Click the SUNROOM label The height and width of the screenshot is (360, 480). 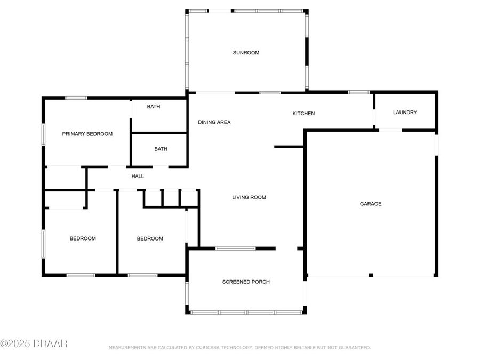coord(246,53)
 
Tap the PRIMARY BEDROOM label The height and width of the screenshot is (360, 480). coord(87,134)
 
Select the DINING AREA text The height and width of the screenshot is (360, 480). coord(214,122)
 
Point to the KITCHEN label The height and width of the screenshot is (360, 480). coord(303,114)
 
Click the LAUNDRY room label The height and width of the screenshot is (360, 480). coord(405,113)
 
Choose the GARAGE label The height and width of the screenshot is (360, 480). coord(371,204)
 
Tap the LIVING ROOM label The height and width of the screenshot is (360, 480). coord(249,197)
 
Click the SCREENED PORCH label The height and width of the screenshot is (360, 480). coord(246,282)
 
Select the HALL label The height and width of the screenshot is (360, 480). coord(138,176)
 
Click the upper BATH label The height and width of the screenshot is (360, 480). coord(154,107)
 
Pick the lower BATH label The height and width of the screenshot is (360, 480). coord(161,149)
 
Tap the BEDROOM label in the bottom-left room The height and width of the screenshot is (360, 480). coord(83,238)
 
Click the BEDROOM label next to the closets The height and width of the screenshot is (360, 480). coord(150,238)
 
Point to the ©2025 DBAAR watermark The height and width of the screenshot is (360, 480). coord(34,343)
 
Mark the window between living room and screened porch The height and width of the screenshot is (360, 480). coord(235,249)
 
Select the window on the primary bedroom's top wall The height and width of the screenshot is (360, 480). coord(76,98)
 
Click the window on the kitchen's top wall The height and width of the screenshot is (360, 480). coord(359,92)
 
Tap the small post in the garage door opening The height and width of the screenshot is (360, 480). coord(371,275)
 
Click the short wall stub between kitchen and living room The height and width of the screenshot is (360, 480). coord(289,147)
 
